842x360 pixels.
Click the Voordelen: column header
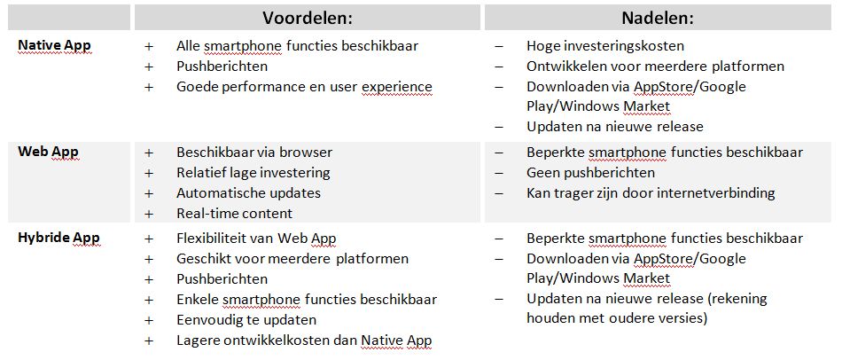coord(308,18)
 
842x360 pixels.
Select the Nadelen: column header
coord(658,18)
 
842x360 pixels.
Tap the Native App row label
coord(54,46)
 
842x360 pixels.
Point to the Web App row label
coord(49,152)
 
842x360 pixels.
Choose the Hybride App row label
coord(58,238)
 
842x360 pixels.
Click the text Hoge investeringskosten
coord(605,46)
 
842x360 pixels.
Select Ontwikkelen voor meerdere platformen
coord(655,67)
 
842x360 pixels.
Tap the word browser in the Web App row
coord(305,153)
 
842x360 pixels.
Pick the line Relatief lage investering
coord(253,173)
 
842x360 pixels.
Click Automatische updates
coord(249,193)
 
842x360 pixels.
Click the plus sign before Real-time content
coord(149,214)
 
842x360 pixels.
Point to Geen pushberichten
coord(590,173)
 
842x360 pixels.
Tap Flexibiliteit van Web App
coord(257,239)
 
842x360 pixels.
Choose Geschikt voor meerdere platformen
coord(292,259)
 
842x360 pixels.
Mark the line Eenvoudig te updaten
coord(246,320)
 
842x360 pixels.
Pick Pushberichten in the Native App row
coord(222,67)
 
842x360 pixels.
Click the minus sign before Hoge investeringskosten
coord(499,47)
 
